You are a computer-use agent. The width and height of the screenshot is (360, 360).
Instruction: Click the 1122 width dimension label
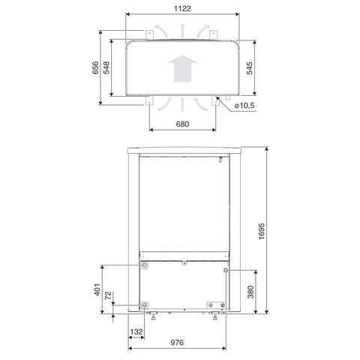[x=182, y=8]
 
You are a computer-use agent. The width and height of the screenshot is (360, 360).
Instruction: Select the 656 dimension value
[x=95, y=67]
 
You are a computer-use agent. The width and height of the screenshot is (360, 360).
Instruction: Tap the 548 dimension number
[x=106, y=67]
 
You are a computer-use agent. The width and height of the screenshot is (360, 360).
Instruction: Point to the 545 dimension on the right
[x=250, y=68]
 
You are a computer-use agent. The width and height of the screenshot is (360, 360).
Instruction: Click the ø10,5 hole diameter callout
[x=244, y=106]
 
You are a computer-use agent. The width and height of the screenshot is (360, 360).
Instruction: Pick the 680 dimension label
[x=182, y=124]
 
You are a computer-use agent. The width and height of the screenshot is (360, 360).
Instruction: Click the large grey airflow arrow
[x=182, y=68]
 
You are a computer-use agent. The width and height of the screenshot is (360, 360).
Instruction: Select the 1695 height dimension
[x=261, y=231]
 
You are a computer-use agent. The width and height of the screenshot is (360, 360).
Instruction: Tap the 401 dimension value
[x=97, y=289]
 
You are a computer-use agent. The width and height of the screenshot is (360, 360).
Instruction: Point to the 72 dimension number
[x=108, y=295]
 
